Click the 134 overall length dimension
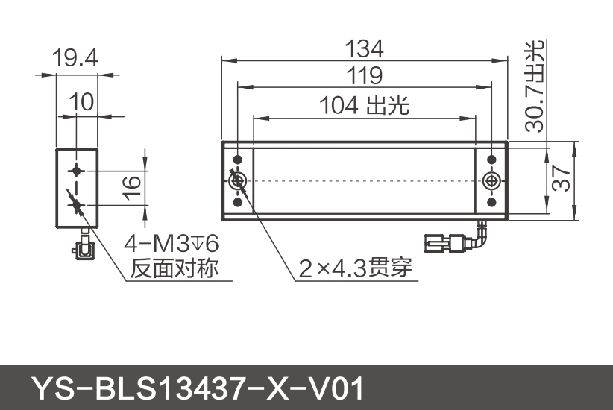pyautogui.click(x=364, y=49)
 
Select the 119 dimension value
pyautogui.click(x=364, y=75)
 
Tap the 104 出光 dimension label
pyautogui.click(x=364, y=106)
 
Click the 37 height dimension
pyautogui.click(x=563, y=180)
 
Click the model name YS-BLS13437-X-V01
pyautogui.click(x=197, y=388)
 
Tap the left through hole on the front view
pyautogui.click(x=239, y=181)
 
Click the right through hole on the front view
pyautogui.click(x=492, y=181)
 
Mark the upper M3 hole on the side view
pyautogui.click(x=75, y=170)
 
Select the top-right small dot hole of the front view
pyautogui.click(x=492, y=160)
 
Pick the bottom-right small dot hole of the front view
pyautogui.click(x=492, y=202)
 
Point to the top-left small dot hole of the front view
pyautogui.click(x=239, y=160)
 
